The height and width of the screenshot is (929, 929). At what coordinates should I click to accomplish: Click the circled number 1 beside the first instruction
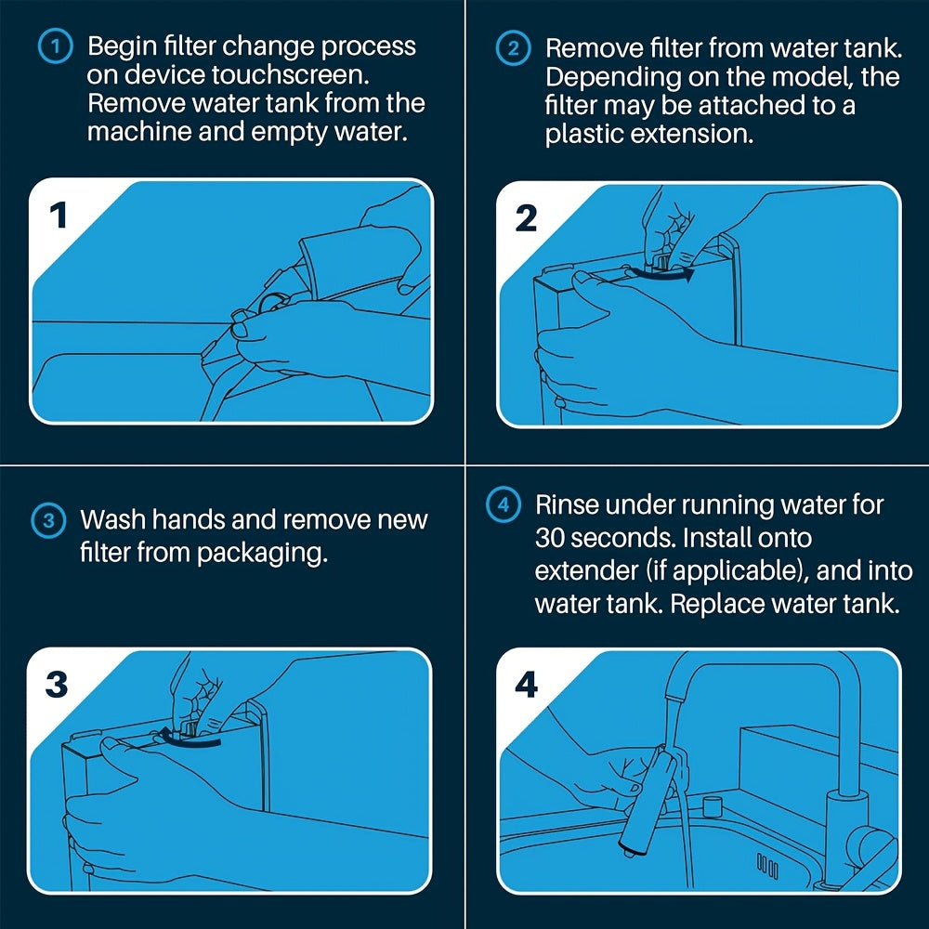pos(56,47)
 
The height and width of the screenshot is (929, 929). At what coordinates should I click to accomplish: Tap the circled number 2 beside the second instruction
pos(513,48)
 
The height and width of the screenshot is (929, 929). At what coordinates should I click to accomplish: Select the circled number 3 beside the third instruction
pos(48,521)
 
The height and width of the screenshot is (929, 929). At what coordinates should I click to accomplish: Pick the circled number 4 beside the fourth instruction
pos(503,505)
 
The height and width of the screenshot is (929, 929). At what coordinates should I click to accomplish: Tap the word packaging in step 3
pos(263,554)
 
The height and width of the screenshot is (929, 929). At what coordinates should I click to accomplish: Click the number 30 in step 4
pos(549,538)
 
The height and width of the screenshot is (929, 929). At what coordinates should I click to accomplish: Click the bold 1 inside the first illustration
pos(59,216)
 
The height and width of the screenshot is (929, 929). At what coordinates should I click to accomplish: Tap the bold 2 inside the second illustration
pos(526,218)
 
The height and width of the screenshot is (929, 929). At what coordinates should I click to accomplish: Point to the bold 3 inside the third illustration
pos(57,685)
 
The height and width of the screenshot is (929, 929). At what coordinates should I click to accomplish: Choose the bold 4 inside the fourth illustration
pos(527,685)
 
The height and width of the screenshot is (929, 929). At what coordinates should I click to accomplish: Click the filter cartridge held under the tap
pos(646,800)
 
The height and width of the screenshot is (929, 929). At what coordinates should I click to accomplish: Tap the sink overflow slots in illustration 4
pos(767,865)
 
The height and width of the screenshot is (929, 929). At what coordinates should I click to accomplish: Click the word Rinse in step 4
pos(567,505)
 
